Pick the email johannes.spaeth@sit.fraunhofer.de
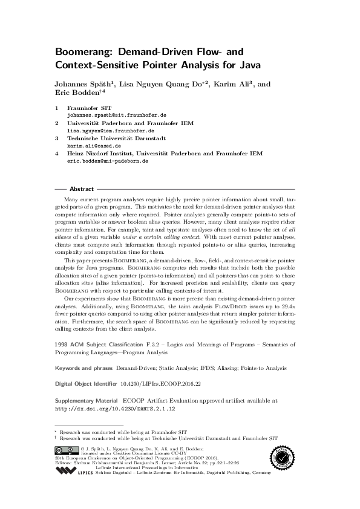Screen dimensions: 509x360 tap(117, 114)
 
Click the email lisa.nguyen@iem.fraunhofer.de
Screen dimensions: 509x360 tap(110, 130)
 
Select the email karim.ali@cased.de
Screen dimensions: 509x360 tap(94, 146)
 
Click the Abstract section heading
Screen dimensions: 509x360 tap(82, 189)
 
